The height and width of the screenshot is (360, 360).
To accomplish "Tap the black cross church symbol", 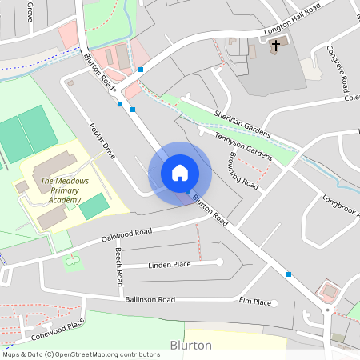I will click(276, 46).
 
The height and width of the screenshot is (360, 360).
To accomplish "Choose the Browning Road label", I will click(244, 170).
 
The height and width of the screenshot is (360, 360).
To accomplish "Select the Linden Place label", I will click(169, 264).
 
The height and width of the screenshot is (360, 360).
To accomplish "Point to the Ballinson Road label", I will click(150, 299).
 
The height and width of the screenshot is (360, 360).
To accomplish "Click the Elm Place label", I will click(255, 302).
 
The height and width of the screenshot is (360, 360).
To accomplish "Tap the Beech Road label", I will click(119, 267).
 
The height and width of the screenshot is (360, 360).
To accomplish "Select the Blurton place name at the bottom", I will click(191, 346).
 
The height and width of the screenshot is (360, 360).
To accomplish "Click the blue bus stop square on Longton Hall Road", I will click(141, 70).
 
